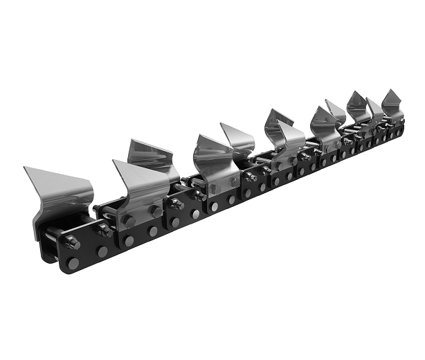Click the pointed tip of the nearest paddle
point(25,168)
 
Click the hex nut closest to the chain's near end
point(71,242)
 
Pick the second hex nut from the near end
point(105,231)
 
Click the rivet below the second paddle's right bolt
point(153,232)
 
